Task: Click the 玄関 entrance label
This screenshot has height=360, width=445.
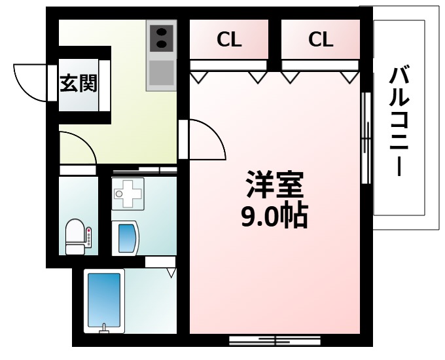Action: pos(79,84)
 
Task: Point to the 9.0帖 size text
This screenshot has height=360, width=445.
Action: pos(275,216)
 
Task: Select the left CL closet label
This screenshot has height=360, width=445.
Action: pos(229,40)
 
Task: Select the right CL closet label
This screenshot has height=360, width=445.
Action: pos(321,40)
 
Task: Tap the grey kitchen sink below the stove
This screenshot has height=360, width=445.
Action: pos(161,73)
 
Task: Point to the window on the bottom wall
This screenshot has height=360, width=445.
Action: pos(275,340)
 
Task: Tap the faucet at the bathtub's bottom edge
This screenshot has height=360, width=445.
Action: pos(104,327)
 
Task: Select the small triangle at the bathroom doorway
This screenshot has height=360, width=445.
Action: pos(171,272)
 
